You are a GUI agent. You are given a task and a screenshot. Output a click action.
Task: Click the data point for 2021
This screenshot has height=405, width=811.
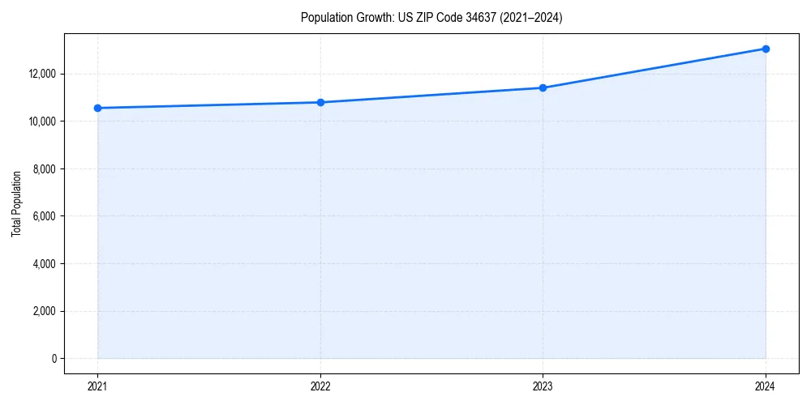point(97,108)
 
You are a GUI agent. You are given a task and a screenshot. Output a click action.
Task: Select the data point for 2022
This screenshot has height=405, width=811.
point(320,102)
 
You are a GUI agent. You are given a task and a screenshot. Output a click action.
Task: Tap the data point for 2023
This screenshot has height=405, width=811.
point(543,87)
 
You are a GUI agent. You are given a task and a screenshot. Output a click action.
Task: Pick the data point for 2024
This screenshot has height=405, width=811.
point(766,49)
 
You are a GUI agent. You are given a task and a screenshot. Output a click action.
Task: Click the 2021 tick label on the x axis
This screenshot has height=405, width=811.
point(97,386)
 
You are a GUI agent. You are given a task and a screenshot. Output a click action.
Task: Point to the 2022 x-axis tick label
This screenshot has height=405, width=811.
point(320,386)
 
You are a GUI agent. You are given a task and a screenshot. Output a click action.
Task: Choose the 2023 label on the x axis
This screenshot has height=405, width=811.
point(543,386)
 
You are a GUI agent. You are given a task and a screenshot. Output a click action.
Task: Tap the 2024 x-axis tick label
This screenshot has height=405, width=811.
point(766,386)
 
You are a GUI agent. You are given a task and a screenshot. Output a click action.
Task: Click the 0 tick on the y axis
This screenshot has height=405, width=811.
point(53,359)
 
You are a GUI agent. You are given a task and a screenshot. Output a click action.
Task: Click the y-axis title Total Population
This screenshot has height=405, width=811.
point(16,203)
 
